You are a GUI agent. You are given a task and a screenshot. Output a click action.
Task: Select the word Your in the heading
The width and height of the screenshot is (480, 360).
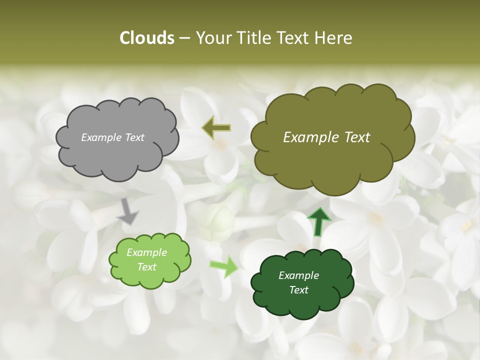(213, 38)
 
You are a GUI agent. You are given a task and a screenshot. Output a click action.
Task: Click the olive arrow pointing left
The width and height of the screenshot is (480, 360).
(216, 128)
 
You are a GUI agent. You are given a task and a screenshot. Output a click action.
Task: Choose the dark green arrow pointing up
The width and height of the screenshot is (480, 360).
(319, 221)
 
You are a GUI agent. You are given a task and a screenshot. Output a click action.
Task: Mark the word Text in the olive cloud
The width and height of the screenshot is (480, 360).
(357, 137)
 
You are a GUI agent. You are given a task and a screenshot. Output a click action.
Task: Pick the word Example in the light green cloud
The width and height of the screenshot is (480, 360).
(147, 252)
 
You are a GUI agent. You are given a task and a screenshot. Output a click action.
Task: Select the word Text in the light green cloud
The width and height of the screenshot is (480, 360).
(147, 267)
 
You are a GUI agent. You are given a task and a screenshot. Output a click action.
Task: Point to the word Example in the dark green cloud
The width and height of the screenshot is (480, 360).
(298, 275)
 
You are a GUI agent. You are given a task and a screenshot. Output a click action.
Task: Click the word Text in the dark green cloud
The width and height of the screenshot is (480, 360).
(298, 290)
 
